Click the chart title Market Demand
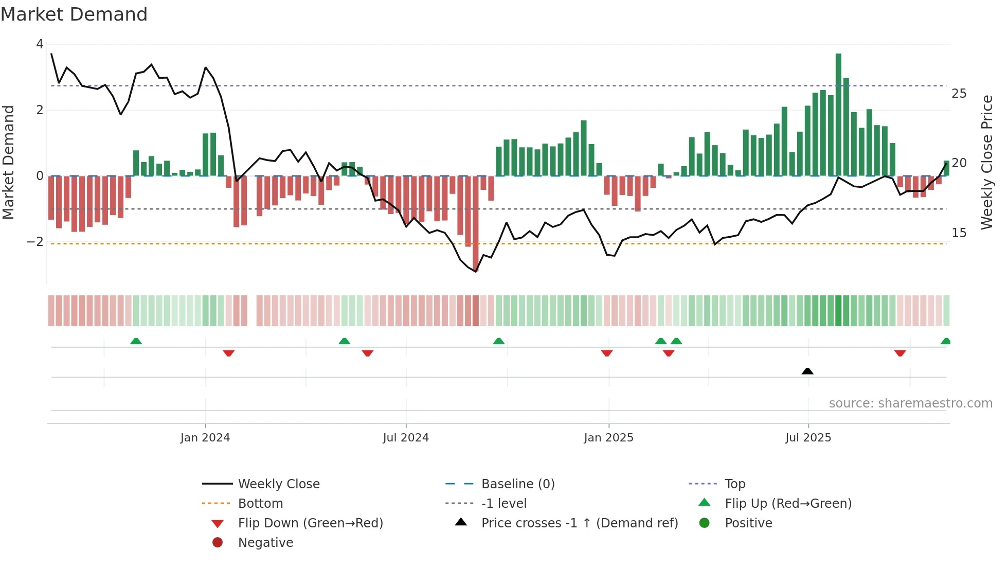(74, 14)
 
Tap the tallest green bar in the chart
(838, 114)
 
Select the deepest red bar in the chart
(476, 223)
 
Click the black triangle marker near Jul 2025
(807, 371)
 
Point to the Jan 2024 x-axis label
(205, 438)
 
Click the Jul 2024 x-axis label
(406, 438)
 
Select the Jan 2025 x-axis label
(608, 438)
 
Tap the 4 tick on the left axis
(40, 44)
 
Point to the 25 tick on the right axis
(959, 94)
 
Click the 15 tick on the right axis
(959, 233)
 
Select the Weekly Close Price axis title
(986, 162)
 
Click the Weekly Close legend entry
(278, 484)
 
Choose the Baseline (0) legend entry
(517, 484)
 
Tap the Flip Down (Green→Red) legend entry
(310, 523)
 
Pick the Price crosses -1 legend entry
(579, 523)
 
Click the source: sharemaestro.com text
(910, 403)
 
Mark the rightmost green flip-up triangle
(945, 341)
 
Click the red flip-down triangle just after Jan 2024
(229, 353)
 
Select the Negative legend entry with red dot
(265, 543)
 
